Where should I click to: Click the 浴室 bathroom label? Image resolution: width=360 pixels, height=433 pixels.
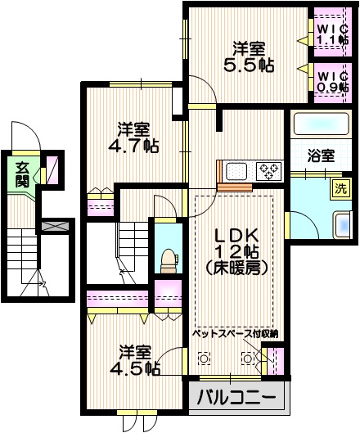tap(321, 153)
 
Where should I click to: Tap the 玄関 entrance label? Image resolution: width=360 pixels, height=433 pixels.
tap(22, 174)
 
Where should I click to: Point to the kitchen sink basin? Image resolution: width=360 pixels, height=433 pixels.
tap(237, 171)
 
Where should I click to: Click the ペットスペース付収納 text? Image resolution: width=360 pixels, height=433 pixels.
tap(236, 333)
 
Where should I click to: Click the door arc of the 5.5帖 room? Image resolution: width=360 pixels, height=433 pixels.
tap(205, 90)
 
